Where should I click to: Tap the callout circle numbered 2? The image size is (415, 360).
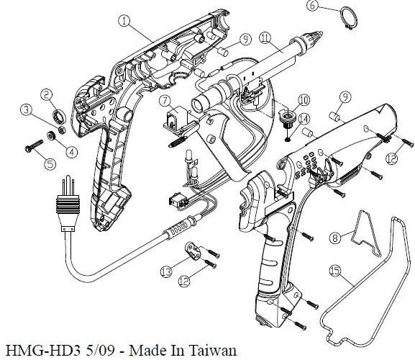[x=45, y=94]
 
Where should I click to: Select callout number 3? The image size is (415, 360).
[x=27, y=110]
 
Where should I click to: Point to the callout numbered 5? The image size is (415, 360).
[x=50, y=163]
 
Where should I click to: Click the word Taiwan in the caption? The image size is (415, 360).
[x=213, y=351]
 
